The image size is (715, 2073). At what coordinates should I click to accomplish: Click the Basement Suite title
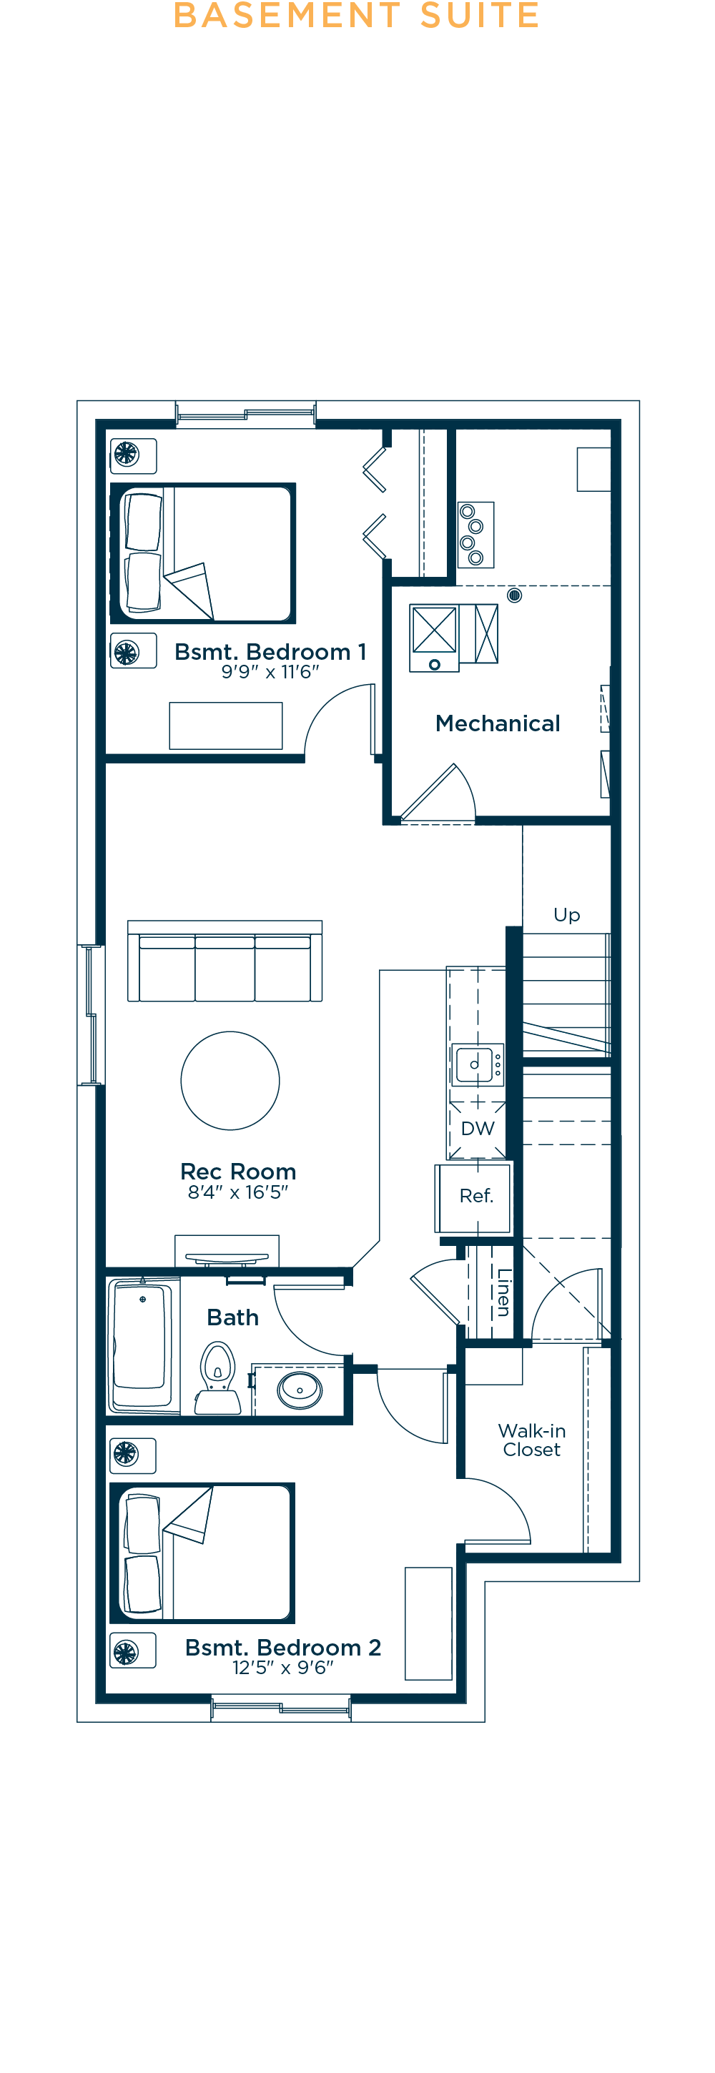(x=357, y=14)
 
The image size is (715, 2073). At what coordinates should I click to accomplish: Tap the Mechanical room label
(x=498, y=723)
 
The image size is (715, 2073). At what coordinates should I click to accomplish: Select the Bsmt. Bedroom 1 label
(x=270, y=652)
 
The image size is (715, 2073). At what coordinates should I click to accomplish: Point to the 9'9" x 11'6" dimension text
(x=270, y=672)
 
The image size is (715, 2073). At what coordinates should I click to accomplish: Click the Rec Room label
(x=238, y=1171)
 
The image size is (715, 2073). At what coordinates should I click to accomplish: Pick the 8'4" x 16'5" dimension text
(x=238, y=1192)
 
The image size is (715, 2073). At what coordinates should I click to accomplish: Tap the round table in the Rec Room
(x=230, y=1081)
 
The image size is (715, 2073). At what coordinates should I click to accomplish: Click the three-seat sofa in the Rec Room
(x=225, y=961)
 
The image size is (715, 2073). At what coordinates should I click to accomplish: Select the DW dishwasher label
(x=478, y=1128)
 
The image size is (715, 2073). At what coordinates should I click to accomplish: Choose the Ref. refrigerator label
(x=477, y=1196)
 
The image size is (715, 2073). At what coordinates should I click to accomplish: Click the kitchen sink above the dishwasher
(x=478, y=1064)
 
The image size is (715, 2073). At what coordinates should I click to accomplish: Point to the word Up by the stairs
(x=567, y=915)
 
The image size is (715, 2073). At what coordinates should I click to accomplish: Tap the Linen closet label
(x=504, y=1292)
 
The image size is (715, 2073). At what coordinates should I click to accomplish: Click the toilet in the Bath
(x=218, y=1377)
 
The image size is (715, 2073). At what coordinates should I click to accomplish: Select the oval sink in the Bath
(x=300, y=1389)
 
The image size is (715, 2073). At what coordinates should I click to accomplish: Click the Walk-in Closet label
(x=531, y=1440)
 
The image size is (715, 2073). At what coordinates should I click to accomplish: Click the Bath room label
(x=232, y=1317)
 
